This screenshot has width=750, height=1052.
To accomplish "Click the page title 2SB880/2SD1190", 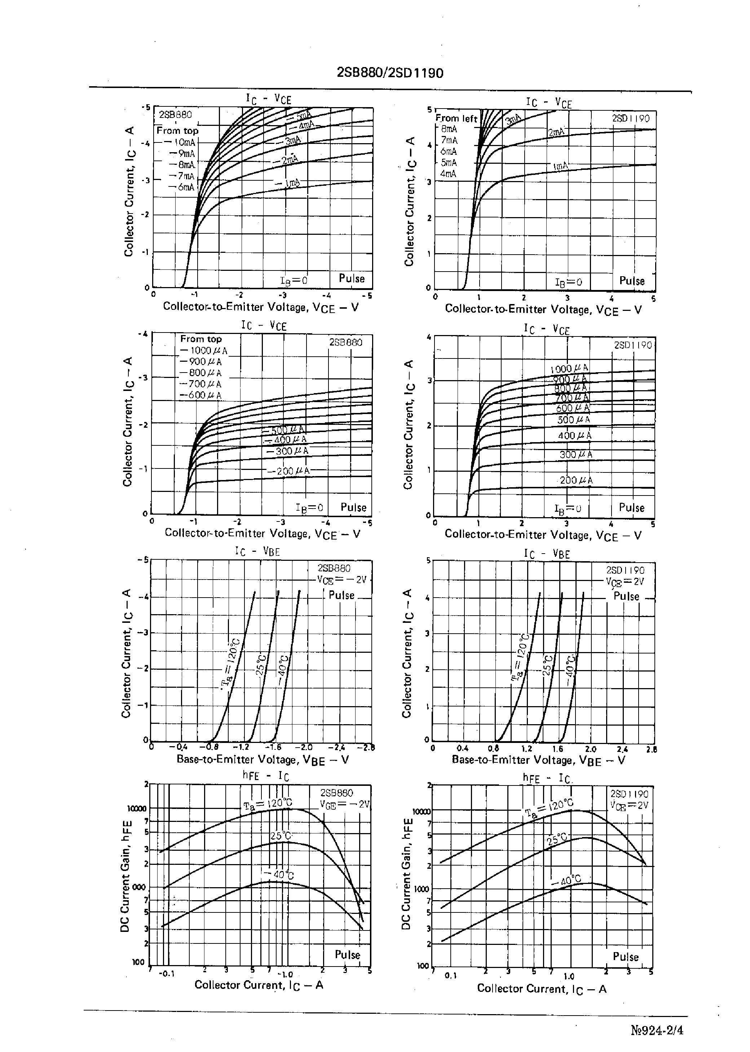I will click(x=390, y=73).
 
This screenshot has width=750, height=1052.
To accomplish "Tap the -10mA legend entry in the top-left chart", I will click(x=184, y=142).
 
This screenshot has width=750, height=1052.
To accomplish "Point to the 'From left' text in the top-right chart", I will click(x=456, y=119).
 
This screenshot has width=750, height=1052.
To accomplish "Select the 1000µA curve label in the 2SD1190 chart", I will click(x=569, y=369).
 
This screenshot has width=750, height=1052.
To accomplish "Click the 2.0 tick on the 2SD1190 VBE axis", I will click(x=591, y=749).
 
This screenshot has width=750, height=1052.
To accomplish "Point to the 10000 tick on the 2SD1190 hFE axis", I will click(x=421, y=811).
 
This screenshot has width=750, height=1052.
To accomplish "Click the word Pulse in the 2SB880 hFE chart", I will click(x=347, y=954).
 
